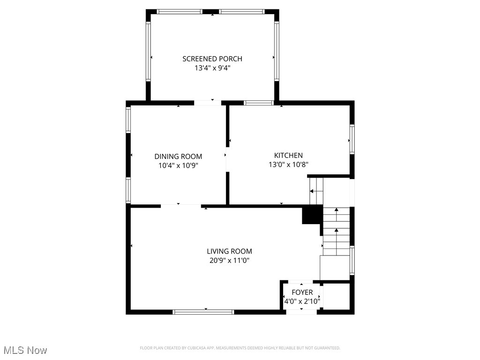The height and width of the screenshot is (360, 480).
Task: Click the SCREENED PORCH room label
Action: (212, 59)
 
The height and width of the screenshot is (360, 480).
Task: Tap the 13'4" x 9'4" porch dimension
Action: (212, 68)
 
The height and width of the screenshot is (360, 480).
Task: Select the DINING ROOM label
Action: (178, 156)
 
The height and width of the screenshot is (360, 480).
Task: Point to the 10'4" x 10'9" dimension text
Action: (178, 165)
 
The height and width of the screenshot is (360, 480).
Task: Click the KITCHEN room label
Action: (288, 155)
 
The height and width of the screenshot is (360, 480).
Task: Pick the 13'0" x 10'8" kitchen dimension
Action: (288, 165)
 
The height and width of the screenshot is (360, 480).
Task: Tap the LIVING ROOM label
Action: (229, 251)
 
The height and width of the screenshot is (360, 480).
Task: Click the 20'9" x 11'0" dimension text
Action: (229, 261)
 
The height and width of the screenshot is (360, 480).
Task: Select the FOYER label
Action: (302, 292)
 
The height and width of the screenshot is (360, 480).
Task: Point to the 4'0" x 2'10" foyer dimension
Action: (302, 301)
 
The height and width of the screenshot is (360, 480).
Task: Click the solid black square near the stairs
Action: (311, 215)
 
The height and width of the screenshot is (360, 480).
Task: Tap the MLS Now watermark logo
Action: (25, 350)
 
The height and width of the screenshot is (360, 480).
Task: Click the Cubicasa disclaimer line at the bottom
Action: (240, 348)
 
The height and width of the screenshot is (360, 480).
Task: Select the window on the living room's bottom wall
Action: (203, 311)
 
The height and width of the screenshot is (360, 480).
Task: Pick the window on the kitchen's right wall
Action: (352, 139)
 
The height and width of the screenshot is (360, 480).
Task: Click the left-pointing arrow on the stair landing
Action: (312, 191)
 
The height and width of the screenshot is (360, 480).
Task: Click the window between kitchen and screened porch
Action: (259, 102)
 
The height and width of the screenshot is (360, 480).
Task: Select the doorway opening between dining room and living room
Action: (181, 205)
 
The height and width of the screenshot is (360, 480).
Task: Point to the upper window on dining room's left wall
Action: (128, 120)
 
